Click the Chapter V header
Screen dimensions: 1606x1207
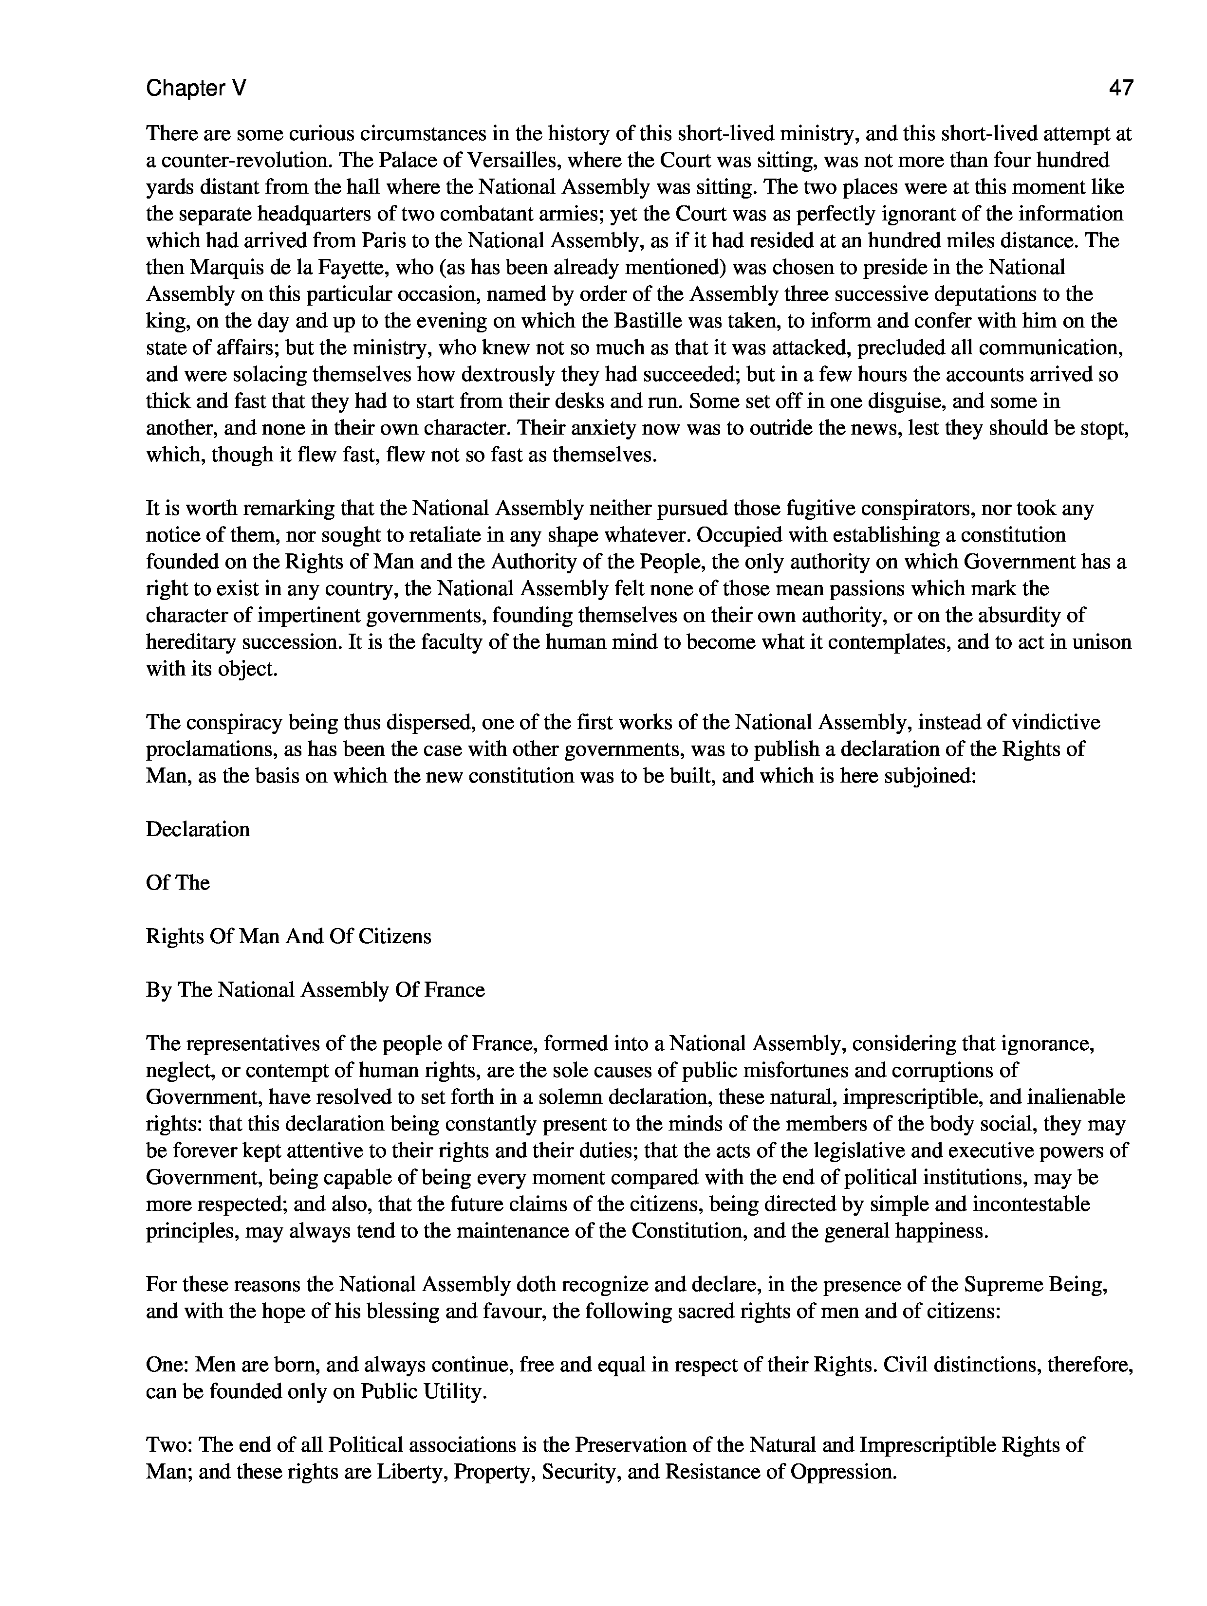(196, 89)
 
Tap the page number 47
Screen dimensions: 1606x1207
(1121, 89)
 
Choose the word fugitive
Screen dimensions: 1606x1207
(808, 508)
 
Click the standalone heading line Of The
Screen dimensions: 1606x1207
(178, 883)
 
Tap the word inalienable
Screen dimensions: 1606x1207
(1071, 1097)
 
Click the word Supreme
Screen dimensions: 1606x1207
(1003, 1284)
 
